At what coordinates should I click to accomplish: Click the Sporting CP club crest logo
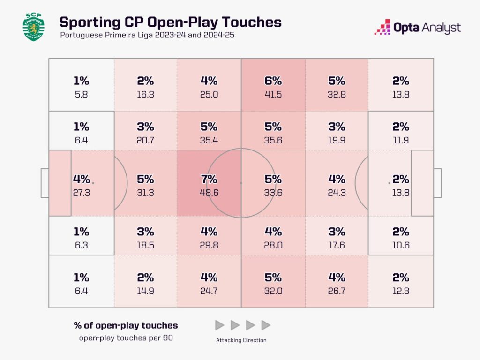[33, 27]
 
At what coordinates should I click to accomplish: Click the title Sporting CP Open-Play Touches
[170, 22]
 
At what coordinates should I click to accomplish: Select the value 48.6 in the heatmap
[209, 192]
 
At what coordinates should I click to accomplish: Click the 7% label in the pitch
[209, 179]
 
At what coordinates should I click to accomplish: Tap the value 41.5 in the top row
[273, 94]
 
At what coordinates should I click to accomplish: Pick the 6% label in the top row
[273, 81]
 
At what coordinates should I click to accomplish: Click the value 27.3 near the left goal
[81, 192]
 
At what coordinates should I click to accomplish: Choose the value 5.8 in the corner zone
[81, 94]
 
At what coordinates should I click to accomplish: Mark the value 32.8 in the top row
[337, 94]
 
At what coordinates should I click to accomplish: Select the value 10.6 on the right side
[401, 245]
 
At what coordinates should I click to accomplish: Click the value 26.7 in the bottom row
[337, 291]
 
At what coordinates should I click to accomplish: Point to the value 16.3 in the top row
[145, 94]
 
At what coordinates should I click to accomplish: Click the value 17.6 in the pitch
[337, 245]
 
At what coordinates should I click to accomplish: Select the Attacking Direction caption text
[241, 340]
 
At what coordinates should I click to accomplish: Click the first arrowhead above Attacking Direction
[219, 325]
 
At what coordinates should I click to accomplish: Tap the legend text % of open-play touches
[126, 325]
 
